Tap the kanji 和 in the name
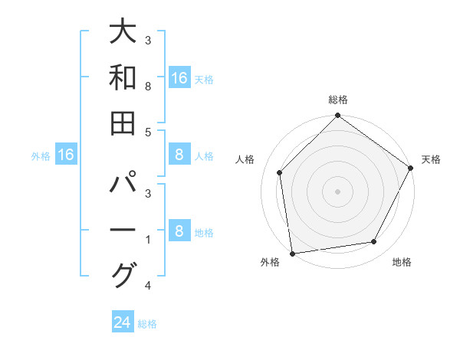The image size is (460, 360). [123, 77]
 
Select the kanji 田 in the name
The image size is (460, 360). [123, 123]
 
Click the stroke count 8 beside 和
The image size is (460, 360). [148, 87]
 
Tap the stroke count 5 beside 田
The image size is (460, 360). [148, 133]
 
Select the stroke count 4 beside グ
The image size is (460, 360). [148, 286]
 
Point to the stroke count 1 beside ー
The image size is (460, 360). [148, 241]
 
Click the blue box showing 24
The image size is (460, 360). [123, 322]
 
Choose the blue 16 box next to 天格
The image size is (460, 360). [179, 78]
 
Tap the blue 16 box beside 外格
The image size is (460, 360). [66, 155]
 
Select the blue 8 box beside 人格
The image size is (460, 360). [179, 155]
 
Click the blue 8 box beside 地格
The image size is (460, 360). [179, 231]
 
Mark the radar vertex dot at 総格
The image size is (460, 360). [337, 116]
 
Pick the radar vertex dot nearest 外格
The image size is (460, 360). [292, 253]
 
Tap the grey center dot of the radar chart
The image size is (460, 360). [337, 191]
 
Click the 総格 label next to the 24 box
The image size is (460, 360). [147, 324]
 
